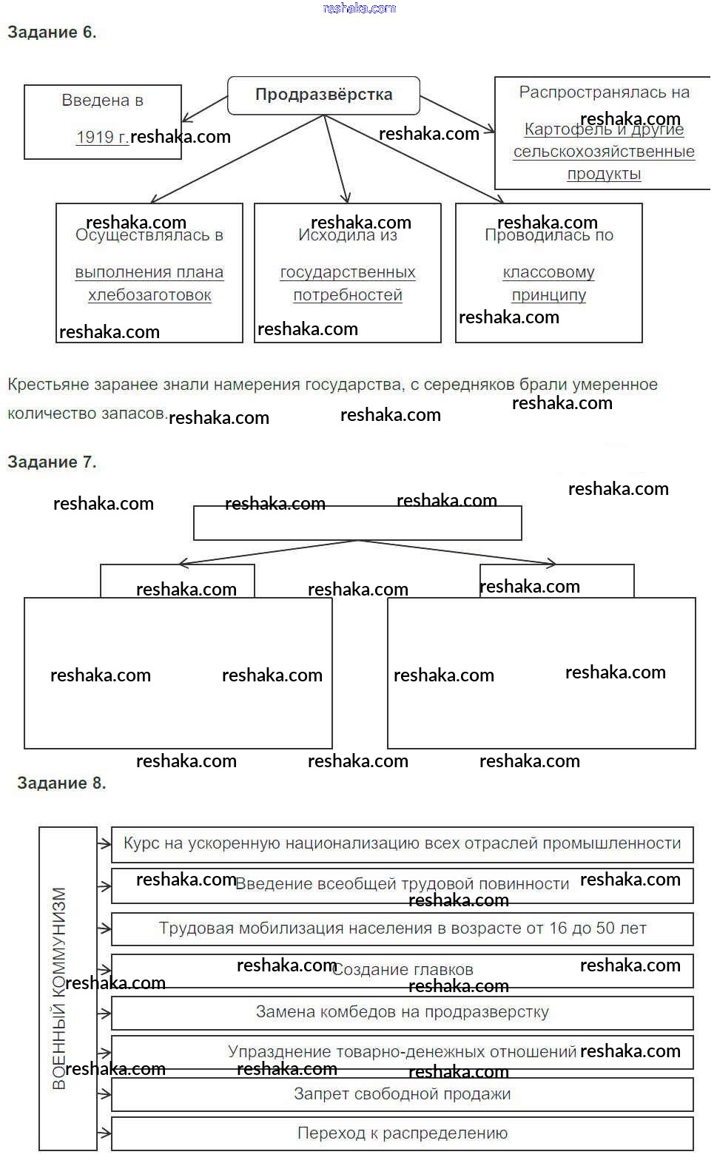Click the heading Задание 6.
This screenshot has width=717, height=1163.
52,32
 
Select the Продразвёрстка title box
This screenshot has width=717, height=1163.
323,95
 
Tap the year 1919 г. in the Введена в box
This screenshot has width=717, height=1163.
102,137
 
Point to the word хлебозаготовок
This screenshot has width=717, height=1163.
149,295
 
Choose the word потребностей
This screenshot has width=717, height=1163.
348,295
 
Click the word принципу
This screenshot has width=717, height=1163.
548,295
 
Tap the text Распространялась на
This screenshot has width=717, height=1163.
604,92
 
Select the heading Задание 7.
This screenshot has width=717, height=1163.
52,462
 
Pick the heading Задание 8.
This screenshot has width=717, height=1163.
61,783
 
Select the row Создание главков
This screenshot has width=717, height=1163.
402,970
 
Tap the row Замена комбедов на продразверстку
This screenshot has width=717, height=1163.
402,1011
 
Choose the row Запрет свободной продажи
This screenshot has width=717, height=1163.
402,1093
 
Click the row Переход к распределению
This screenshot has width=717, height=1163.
402,1133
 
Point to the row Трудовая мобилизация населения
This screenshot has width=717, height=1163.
402,928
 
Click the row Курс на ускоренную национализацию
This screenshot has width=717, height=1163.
402,843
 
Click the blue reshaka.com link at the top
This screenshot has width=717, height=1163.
360,8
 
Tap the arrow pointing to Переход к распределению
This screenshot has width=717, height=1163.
104,1133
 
